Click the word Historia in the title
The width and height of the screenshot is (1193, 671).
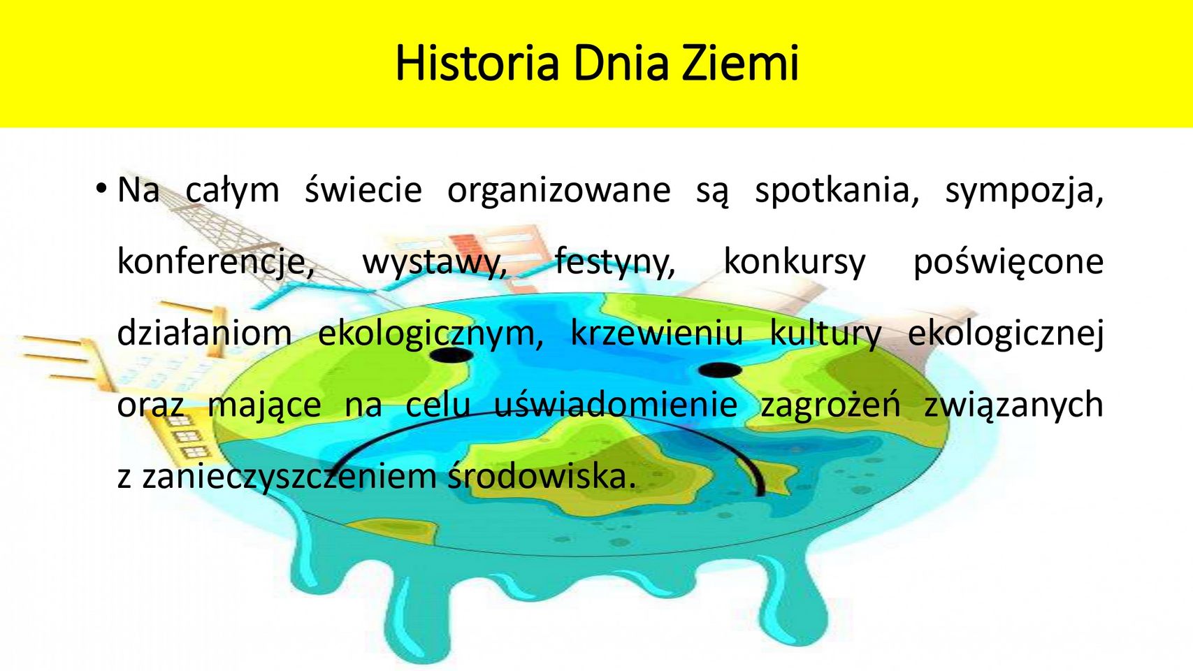coord(477,64)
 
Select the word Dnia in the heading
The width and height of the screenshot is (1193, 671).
coord(621,64)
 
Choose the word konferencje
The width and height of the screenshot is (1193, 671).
coord(216,263)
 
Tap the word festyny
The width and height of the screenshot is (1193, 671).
coord(615,263)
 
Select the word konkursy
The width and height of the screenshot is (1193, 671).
coord(795,263)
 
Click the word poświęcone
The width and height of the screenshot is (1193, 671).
coord(1008,263)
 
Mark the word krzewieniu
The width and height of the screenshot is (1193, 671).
coord(657,333)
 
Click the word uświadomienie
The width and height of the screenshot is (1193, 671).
coord(616,405)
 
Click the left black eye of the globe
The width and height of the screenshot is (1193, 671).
coord(451,355)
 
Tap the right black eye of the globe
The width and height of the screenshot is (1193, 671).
coord(720,370)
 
